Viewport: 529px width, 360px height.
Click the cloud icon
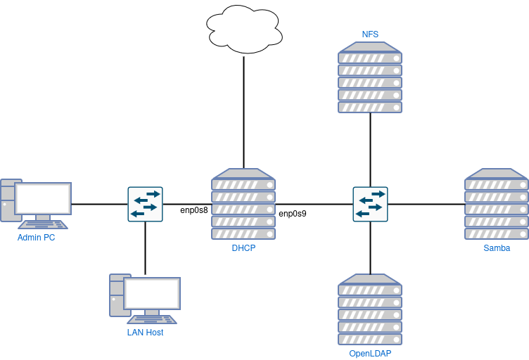244,30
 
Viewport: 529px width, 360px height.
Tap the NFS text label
370,34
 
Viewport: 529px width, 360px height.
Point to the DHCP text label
243,248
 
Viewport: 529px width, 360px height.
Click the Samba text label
497,248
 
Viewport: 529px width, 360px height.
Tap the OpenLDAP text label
370,354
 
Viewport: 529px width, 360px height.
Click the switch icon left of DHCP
145,204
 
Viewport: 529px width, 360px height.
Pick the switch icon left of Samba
370,204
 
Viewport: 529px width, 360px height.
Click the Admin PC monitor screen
43,198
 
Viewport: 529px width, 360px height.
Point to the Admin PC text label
37,238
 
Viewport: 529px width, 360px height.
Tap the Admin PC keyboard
43,224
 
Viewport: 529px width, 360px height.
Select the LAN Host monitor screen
152,293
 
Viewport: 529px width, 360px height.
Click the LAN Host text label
146,333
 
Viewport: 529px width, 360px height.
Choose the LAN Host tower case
116,295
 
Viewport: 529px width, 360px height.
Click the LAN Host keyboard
152,319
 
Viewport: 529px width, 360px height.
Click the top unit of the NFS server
370,58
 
